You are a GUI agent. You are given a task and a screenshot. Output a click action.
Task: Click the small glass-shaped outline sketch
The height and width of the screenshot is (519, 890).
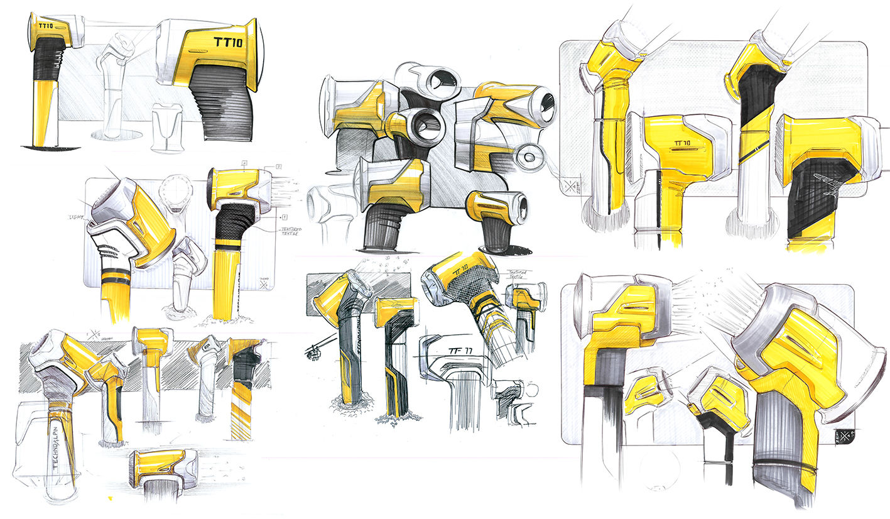click(x=166, y=129)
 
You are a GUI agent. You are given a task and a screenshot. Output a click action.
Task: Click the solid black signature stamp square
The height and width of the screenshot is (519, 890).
click(x=842, y=435)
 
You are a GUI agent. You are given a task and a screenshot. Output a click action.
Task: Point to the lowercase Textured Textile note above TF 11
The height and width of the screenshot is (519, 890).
click(x=518, y=274)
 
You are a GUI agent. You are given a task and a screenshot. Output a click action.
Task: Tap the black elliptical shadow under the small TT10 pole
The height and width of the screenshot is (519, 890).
click(x=50, y=148)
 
